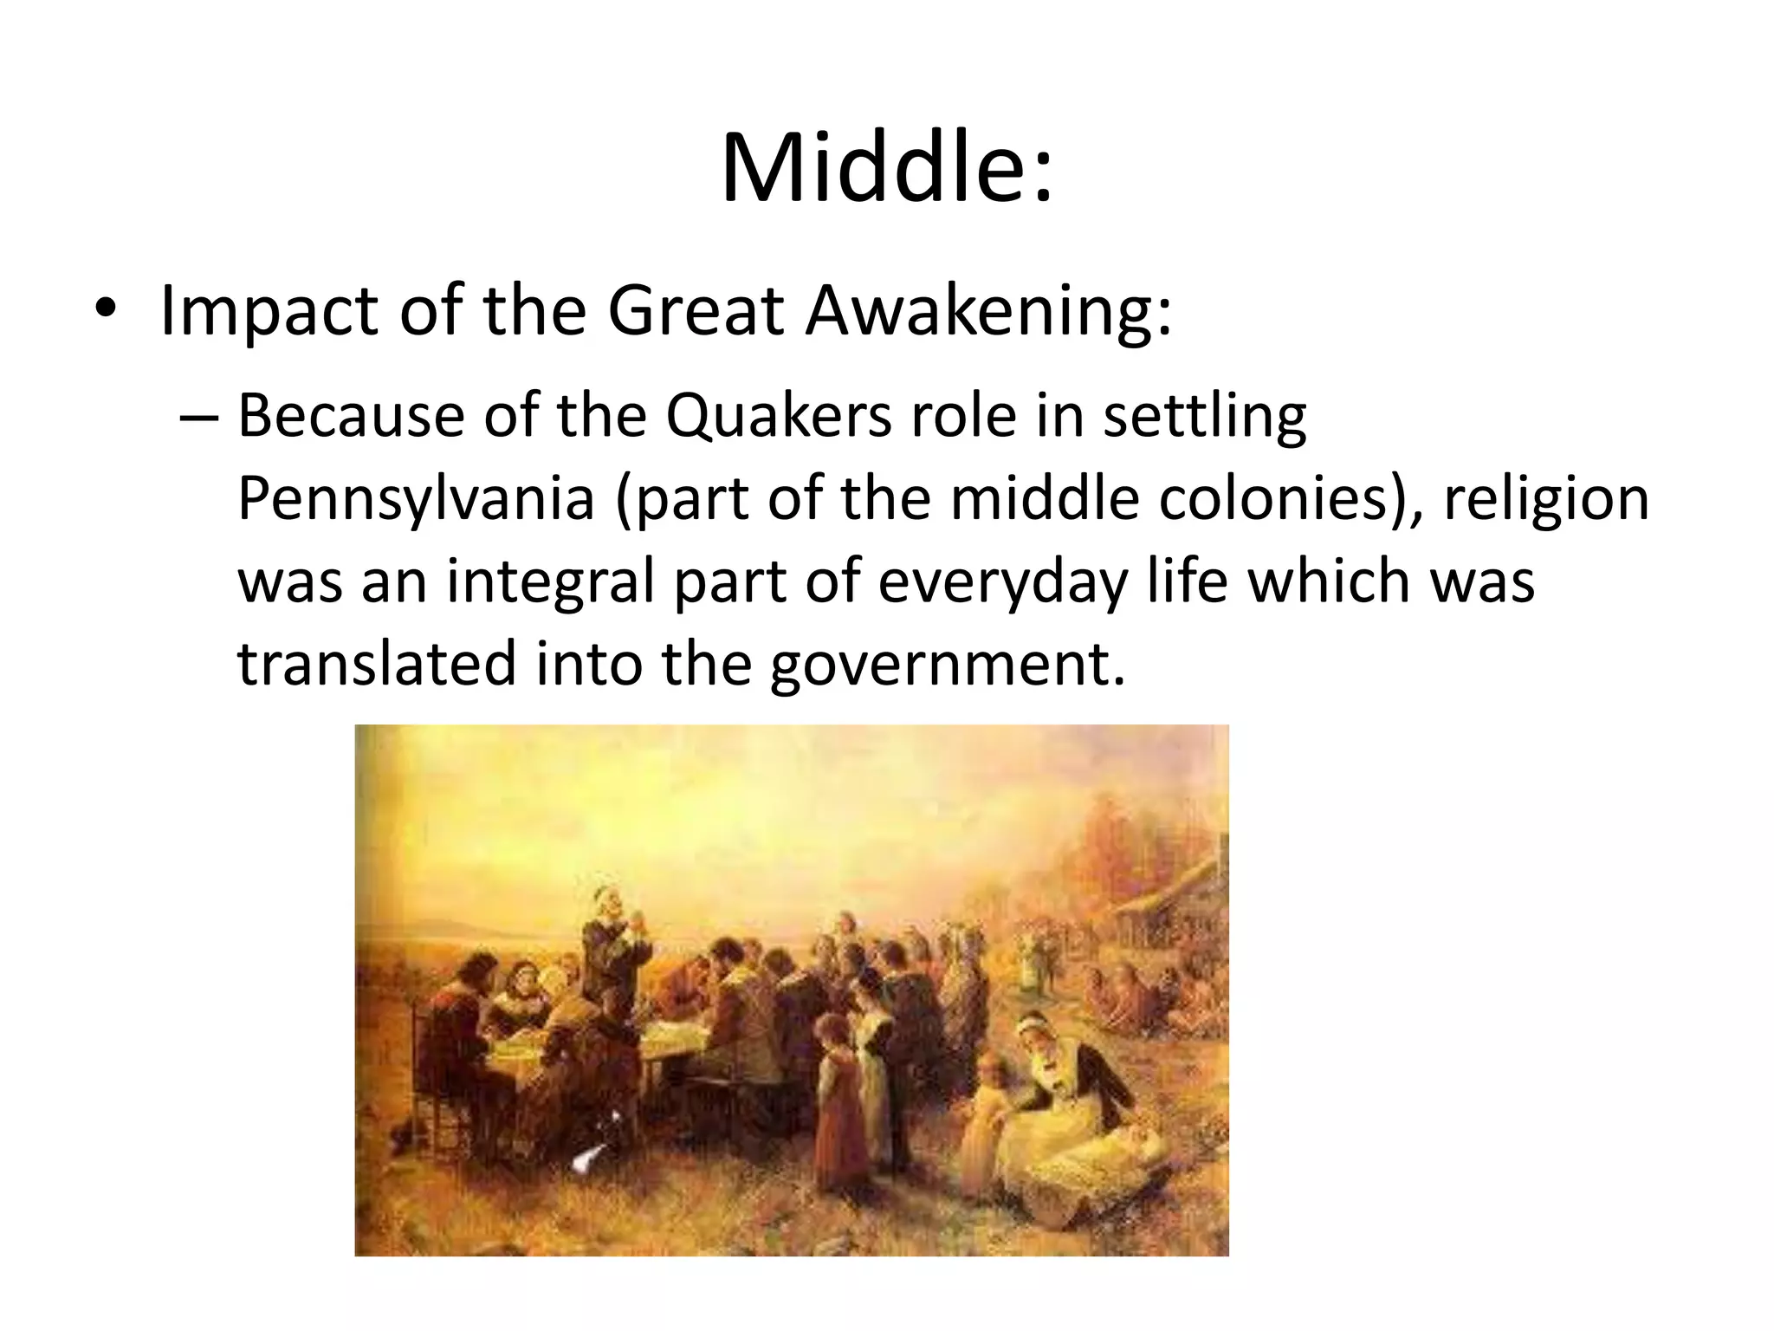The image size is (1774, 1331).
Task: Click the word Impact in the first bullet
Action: click(x=269, y=311)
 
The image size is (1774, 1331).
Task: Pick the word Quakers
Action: click(x=779, y=417)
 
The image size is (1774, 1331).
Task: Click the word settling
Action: click(x=1204, y=417)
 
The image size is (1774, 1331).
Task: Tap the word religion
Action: click(x=1545, y=500)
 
